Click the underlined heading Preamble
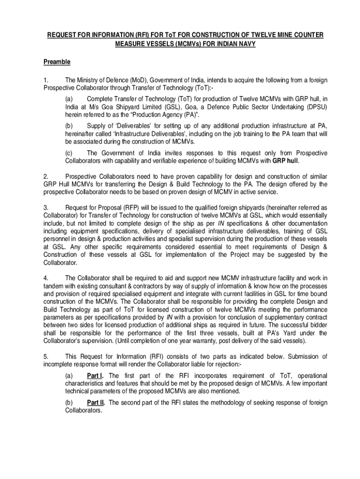pos(57,62)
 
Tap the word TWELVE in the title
pos(260,36)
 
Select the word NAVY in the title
pos(245,44)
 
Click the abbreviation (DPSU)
pos(316,106)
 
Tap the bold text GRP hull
pos(285,160)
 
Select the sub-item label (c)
pos(69,153)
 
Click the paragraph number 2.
pos(46,176)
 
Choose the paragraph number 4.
pos(46,278)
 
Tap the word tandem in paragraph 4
pos(54,286)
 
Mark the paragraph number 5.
pos(46,356)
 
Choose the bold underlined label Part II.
pos(96,402)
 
